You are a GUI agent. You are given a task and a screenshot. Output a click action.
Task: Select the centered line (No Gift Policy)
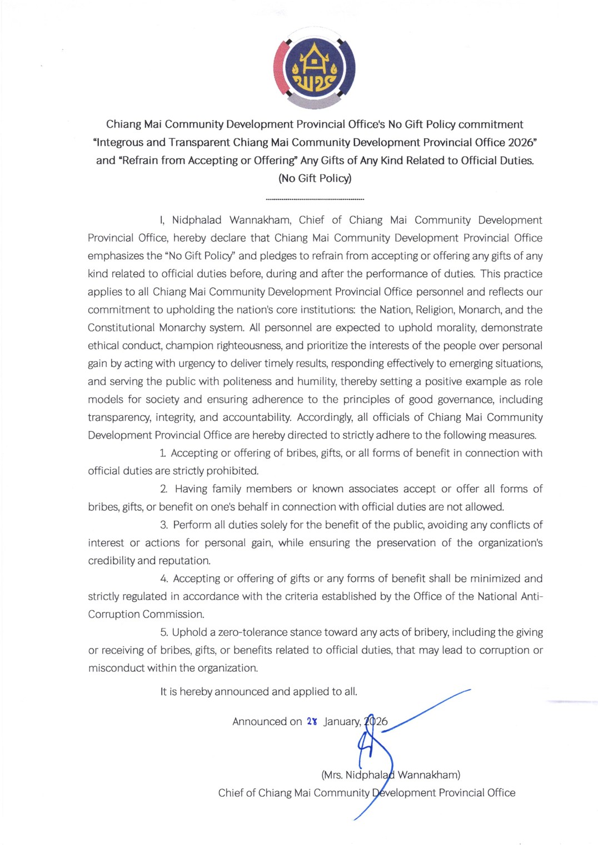click(x=315, y=178)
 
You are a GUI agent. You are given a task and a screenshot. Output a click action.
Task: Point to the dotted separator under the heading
click(x=315, y=199)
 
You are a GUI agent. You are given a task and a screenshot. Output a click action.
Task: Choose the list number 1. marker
click(x=163, y=453)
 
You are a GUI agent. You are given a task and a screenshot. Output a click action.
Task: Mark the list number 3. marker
click(x=164, y=525)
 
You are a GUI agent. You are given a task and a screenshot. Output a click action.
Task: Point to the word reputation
click(x=184, y=560)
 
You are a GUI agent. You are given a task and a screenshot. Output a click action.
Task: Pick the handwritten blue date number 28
click(x=312, y=722)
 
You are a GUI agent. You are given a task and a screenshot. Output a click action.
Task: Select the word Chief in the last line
click(x=231, y=793)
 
